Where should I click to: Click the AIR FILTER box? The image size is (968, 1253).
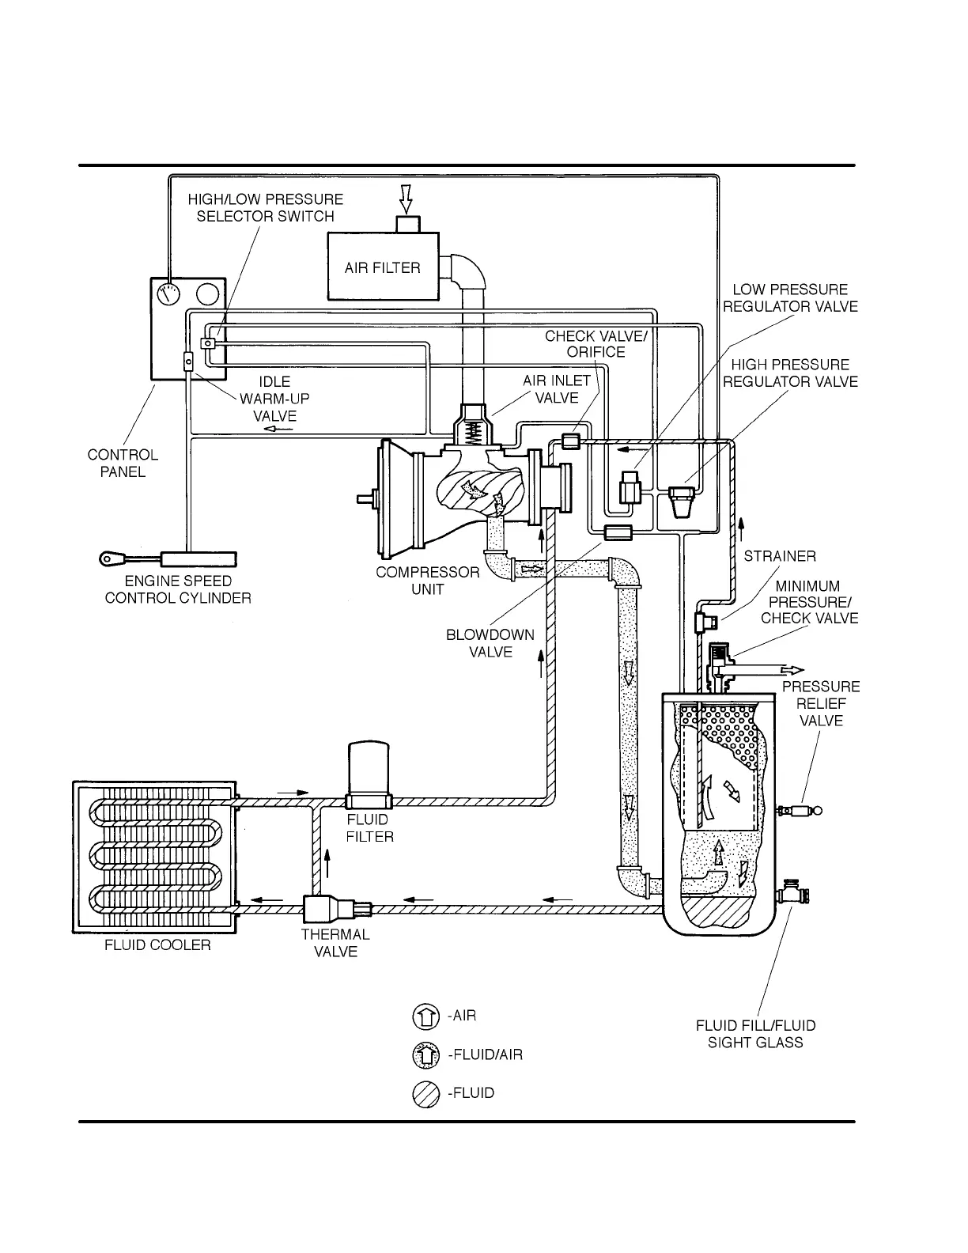click(x=383, y=267)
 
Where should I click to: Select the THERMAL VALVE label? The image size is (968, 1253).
click(x=335, y=943)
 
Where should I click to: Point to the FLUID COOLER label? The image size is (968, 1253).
click(x=157, y=945)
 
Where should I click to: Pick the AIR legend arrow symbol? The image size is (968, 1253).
click(x=425, y=1016)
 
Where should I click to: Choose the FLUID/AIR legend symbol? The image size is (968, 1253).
click(x=425, y=1054)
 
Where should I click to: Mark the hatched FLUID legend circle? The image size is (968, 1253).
click(x=425, y=1094)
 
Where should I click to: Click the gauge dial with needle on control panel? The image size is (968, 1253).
click(x=168, y=294)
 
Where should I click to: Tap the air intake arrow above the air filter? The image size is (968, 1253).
click(x=406, y=199)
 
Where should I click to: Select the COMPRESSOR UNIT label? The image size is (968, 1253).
click(x=428, y=581)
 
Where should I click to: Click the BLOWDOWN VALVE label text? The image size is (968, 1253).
click(x=490, y=643)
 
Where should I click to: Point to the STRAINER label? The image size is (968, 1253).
click(x=780, y=556)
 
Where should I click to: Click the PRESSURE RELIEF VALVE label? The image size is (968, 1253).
click(x=821, y=703)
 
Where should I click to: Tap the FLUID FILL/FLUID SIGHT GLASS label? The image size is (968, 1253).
click(x=755, y=1034)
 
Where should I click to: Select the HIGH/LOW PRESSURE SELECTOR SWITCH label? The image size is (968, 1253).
click(x=266, y=208)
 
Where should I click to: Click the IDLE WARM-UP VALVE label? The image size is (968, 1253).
click(x=274, y=399)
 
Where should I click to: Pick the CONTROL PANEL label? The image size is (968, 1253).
click(x=123, y=464)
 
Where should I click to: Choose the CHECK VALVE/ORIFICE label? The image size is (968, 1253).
click(x=596, y=344)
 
